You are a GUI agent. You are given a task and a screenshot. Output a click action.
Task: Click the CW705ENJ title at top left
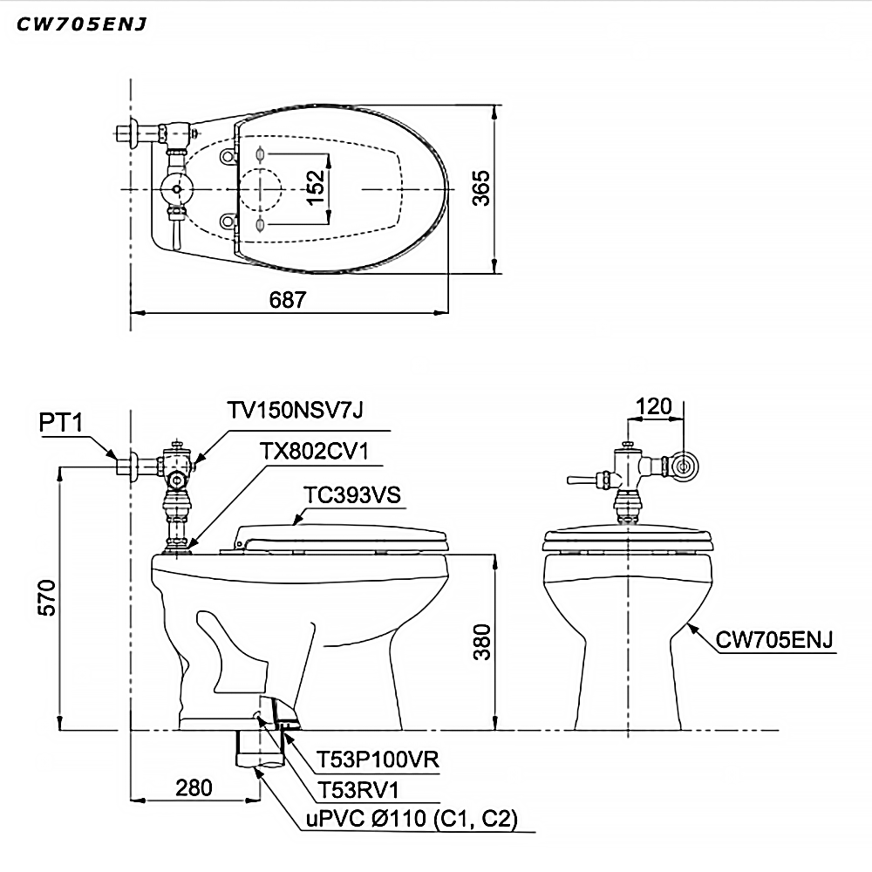(x=82, y=24)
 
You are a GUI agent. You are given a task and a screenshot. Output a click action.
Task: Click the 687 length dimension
(x=288, y=300)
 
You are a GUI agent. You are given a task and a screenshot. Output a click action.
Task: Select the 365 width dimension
(x=481, y=188)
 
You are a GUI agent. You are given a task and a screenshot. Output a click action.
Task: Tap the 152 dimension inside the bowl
(x=316, y=187)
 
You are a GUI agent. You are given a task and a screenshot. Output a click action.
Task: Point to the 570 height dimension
(x=47, y=598)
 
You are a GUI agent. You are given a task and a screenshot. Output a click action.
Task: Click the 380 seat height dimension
(x=482, y=642)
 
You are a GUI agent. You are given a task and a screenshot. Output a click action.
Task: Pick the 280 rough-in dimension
(x=194, y=787)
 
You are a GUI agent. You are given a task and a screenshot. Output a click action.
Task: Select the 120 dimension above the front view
(x=653, y=406)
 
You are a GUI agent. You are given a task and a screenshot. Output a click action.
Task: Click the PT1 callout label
(x=61, y=423)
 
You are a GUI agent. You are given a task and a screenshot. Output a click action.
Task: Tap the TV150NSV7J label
(x=296, y=410)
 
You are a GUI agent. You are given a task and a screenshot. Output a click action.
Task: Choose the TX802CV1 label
(x=315, y=451)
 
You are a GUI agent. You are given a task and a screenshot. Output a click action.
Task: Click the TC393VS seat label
(x=352, y=494)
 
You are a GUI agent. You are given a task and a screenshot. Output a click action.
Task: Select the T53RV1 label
(x=358, y=790)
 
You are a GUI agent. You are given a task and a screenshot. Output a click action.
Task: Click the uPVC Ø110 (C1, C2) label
(x=412, y=819)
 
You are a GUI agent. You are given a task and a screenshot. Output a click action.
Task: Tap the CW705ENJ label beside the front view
(x=774, y=639)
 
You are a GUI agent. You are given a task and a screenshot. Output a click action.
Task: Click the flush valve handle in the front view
(x=582, y=479)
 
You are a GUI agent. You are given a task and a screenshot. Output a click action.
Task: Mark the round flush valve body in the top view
(x=177, y=189)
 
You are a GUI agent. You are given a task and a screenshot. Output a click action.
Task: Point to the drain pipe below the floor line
(x=261, y=749)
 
